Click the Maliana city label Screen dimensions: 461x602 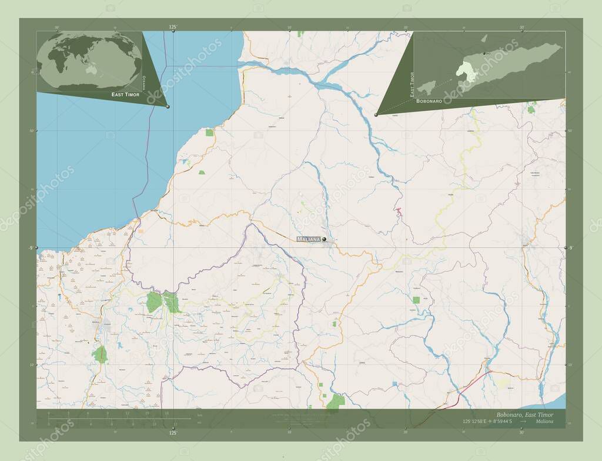309,239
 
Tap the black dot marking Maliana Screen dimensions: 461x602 324,239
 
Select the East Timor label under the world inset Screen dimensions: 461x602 126,94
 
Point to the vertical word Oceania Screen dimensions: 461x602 144,82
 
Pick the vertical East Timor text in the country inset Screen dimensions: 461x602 412,84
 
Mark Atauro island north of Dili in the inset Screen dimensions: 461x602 484,39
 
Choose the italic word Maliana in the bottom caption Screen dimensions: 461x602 550,422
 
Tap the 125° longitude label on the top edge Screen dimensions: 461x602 173,27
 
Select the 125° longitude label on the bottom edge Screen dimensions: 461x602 172,433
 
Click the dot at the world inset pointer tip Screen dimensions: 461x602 168,107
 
